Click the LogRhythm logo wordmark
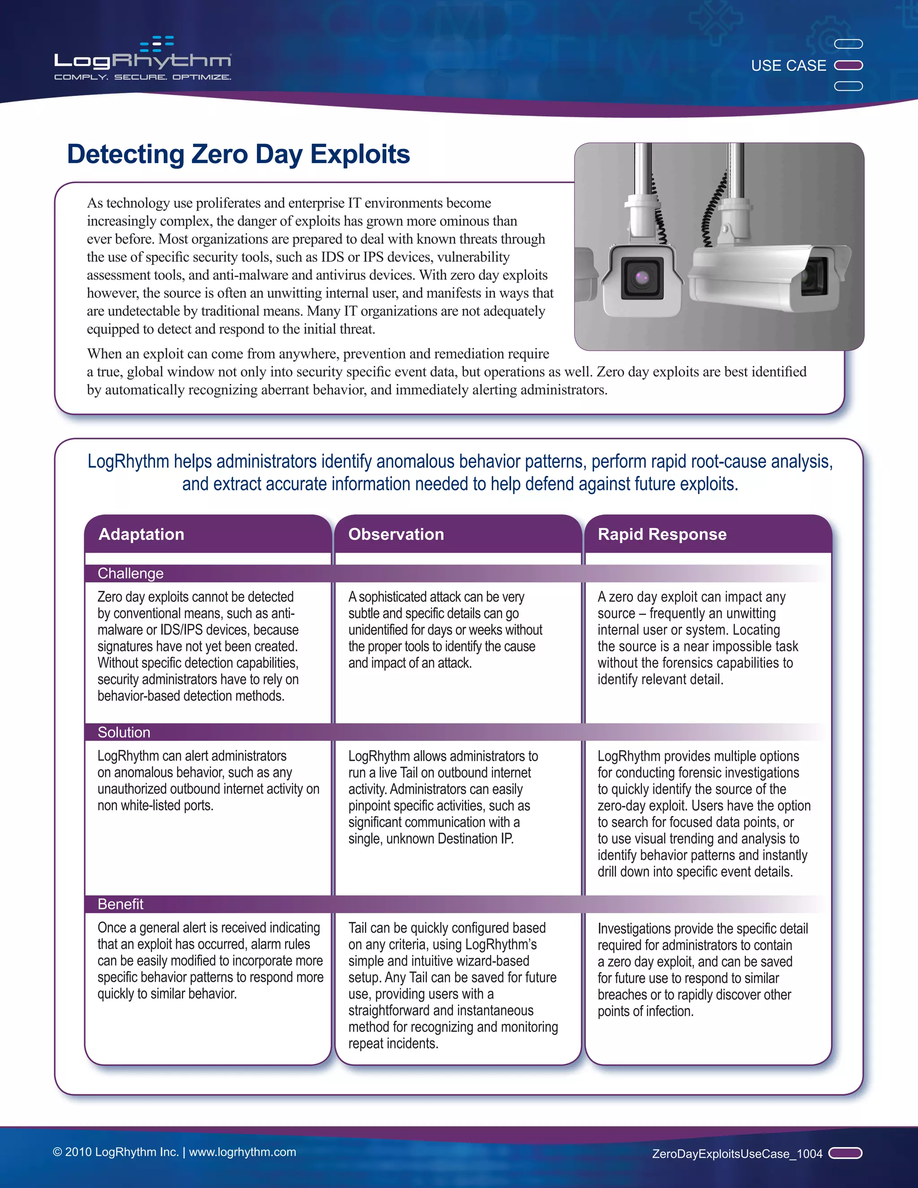click(x=143, y=61)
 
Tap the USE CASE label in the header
click(x=788, y=66)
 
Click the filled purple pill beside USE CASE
click(x=849, y=65)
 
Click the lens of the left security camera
click(x=642, y=278)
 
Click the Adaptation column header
click(x=141, y=534)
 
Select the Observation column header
click(x=396, y=534)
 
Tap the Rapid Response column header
click(x=662, y=534)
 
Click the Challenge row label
click(x=130, y=573)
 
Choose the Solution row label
click(x=124, y=732)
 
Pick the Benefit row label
click(x=120, y=904)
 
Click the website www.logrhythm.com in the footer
click(x=242, y=1152)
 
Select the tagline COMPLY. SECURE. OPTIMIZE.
click(x=143, y=77)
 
